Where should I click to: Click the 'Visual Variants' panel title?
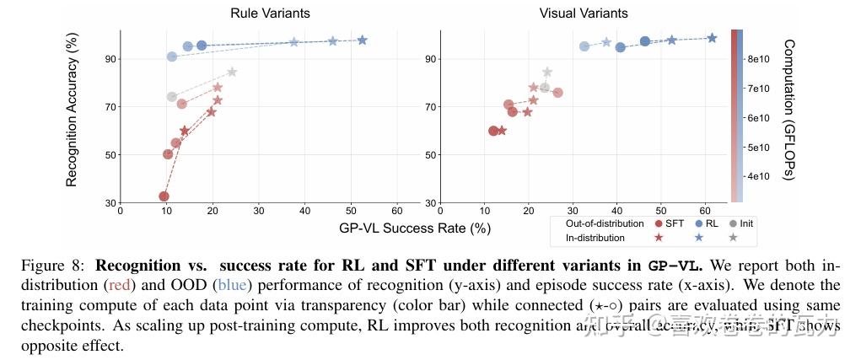(584, 13)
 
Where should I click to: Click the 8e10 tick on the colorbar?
(757, 59)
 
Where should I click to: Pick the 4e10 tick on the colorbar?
(757, 176)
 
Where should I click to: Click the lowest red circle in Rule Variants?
(164, 196)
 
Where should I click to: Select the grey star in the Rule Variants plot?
(232, 72)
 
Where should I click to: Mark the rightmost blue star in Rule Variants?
(363, 40)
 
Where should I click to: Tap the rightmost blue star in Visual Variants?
(712, 38)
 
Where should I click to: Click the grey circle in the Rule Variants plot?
(172, 97)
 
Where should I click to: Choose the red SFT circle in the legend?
(659, 223)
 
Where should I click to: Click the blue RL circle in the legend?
(697, 223)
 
